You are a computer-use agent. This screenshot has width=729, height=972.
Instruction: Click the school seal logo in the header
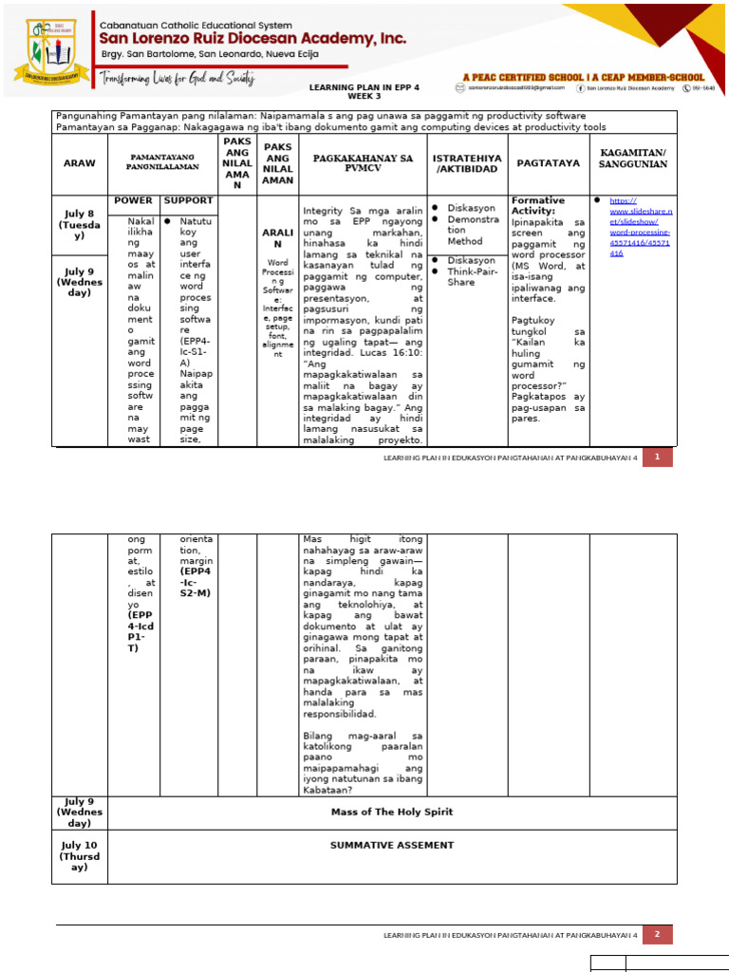[51, 50]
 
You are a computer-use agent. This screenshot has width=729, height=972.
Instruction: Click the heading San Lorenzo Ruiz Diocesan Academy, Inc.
[253, 39]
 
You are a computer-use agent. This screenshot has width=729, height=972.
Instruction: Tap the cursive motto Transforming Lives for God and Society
[178, 80]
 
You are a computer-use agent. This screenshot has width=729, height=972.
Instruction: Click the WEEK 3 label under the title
[358, 96]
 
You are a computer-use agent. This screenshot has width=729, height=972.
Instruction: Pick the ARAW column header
[80, 163]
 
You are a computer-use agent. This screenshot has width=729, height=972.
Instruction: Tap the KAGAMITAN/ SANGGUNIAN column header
[633, 158]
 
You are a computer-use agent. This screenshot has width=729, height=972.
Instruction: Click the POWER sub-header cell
[133, 201]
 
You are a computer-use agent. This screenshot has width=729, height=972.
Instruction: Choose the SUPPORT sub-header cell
[188, 201]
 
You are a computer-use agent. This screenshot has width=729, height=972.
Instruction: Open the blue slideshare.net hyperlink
[640, 227]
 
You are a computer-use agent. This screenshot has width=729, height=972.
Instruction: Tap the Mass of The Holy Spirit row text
[392, 812]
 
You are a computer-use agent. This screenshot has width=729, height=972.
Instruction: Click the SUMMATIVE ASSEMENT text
[392, 845]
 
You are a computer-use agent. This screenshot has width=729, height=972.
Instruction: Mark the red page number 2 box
[657, 935]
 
